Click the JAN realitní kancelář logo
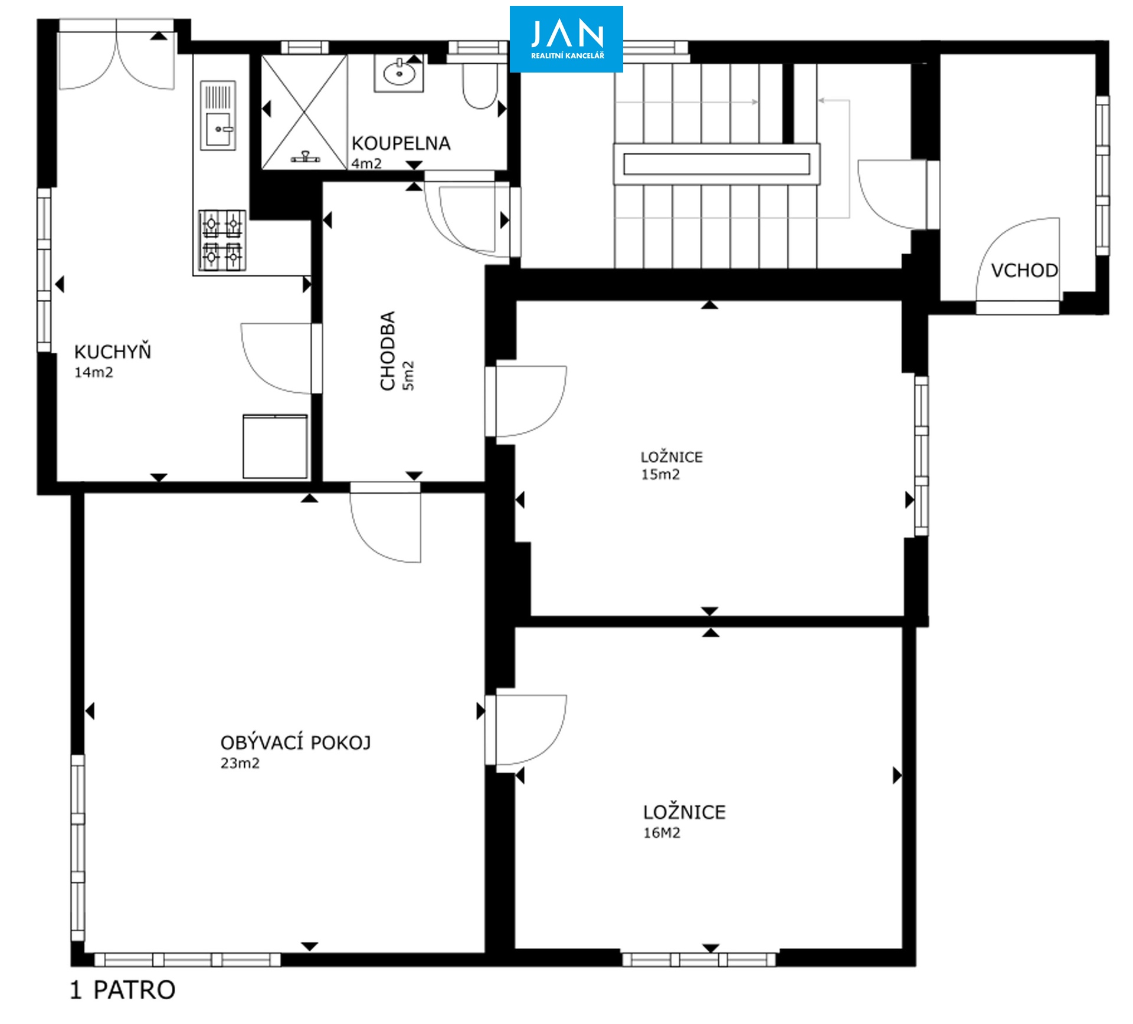coord(566,39)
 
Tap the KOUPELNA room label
coord(401,143)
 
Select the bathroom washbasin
coord(399,74)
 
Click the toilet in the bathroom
coord(479,82)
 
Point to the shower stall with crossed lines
coord(304,111)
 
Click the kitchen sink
coord(219,115)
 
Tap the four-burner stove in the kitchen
coord(222,239)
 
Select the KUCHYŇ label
coord(113,352)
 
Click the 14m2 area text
coord(93,372)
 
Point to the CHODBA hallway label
coord(388,351)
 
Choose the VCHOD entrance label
coord(1024,271)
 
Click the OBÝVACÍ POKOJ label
coord(296,742)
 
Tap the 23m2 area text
coord(240,763)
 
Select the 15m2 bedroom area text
coord(660,475)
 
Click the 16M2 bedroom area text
coord(662,833)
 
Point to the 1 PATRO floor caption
coord(123,990)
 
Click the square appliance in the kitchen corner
coord(275,446)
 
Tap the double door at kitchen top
coord(117,55)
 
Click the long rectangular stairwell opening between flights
coord(716,164)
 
